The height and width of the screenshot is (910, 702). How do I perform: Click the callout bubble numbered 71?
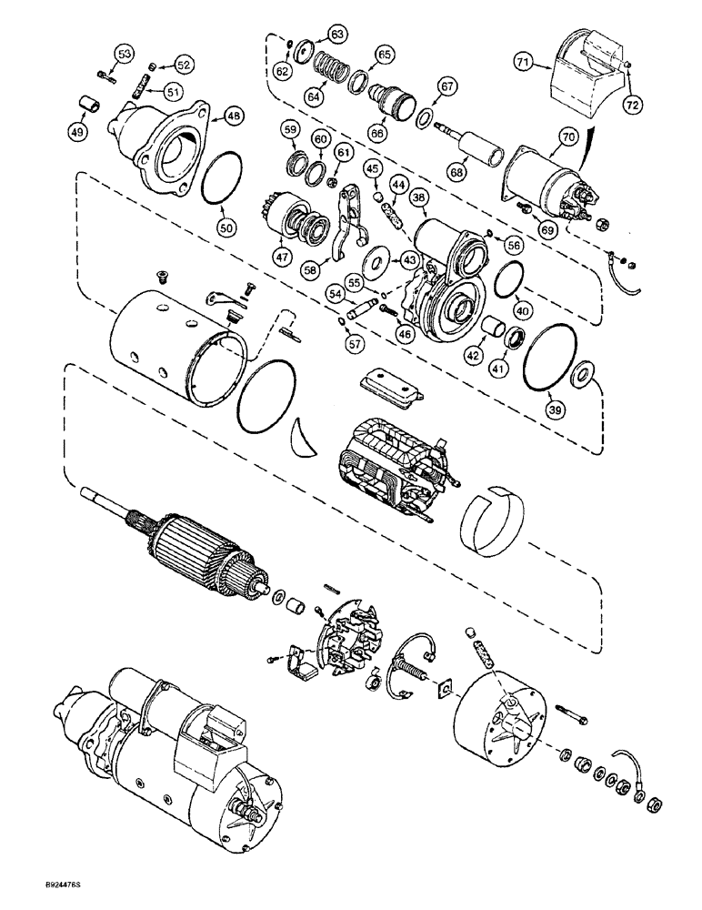click(547, 64)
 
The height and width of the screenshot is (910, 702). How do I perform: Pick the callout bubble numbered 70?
click(567, 137)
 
